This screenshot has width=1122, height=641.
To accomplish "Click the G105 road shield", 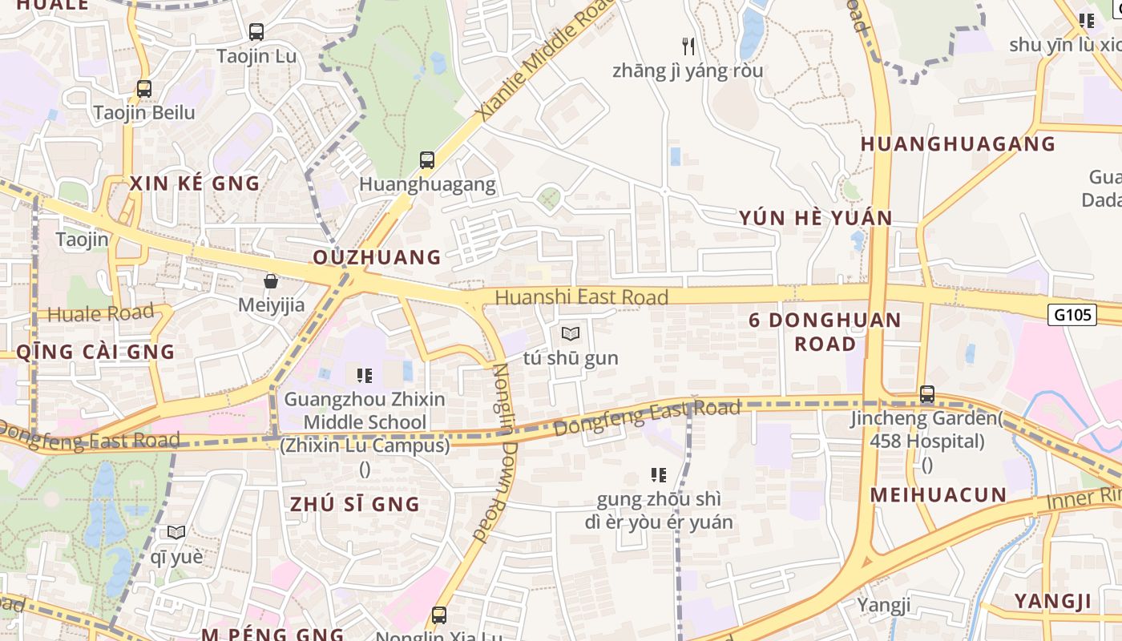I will pos(1072,315).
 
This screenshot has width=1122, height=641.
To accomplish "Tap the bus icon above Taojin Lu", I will pos(256,32).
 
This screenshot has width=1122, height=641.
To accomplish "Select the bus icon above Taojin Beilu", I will pos(144,89).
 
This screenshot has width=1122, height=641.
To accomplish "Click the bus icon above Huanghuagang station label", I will pos(427,160).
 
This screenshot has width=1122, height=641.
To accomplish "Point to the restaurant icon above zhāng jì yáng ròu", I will pos(688,46).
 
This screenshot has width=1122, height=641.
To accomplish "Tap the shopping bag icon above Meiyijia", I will pos(271,281).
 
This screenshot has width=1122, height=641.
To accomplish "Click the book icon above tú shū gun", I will pos(571,333).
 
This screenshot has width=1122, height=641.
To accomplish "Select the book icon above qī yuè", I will pos(176,532).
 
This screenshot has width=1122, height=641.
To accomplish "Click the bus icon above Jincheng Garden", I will pos(927,394).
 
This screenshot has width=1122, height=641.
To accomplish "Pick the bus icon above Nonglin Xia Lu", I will pos(439,615).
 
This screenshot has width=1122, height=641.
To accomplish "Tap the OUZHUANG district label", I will pos(377,257).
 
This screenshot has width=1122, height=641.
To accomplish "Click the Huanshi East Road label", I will pos(581,297).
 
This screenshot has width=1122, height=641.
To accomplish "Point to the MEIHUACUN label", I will pos(938,494).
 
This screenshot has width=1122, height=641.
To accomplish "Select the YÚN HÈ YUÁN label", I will pos(815,218).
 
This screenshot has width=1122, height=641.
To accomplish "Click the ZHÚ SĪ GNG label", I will pos(355,504).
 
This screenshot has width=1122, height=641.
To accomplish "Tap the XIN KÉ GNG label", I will pos(195,183).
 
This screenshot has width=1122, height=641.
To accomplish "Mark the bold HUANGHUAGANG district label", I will pos(958,144).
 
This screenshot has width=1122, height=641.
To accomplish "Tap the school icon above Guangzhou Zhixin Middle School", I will pos(365,375).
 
